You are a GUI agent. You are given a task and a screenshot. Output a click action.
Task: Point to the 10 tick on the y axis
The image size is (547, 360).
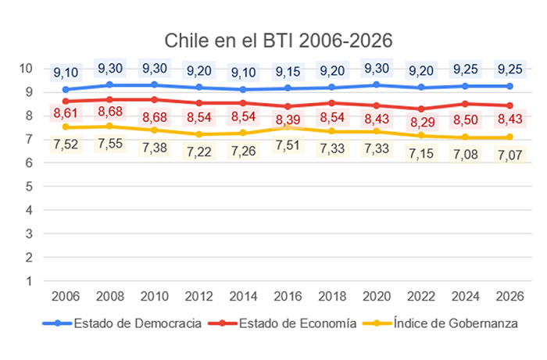28,68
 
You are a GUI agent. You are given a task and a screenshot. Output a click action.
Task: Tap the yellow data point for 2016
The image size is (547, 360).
289,127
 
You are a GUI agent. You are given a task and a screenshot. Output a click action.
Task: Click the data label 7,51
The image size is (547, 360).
289,141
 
